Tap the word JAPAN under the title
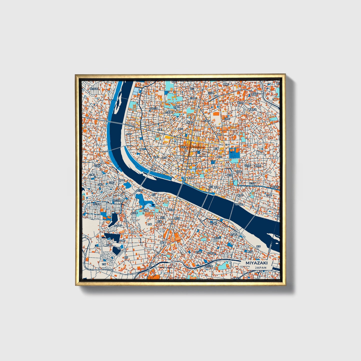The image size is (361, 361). click(x=261, y=268)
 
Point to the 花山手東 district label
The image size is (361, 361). click(x=117, y=200)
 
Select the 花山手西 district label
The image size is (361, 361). click(x=96, y=204)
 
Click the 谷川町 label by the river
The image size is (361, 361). click(x=139, y=190)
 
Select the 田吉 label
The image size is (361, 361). click(x=258, y=247)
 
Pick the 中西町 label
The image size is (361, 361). click(x=269, y=195)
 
